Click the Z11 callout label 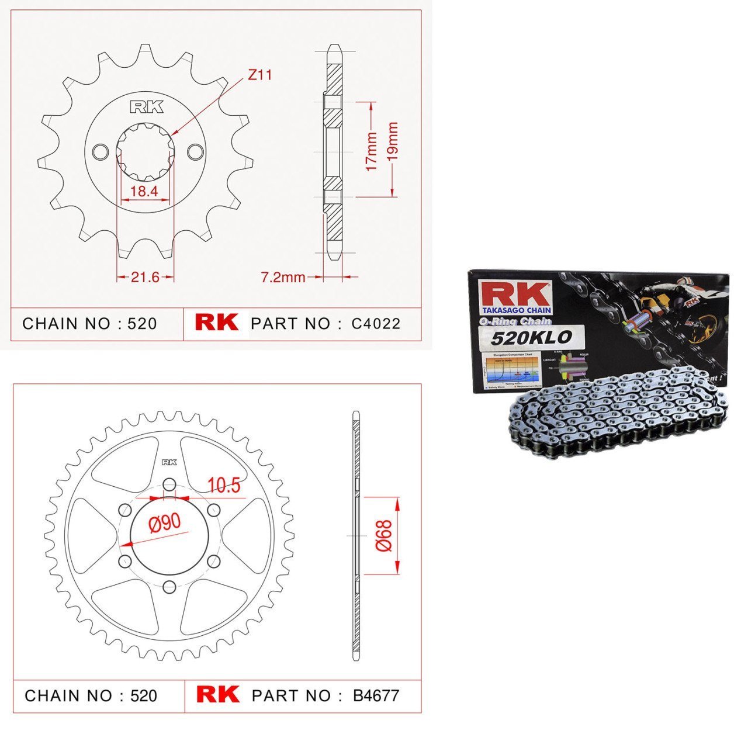coord(259,75)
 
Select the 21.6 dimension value coord(145,277)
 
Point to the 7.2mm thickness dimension coord(283,277)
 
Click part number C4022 coord(376,324)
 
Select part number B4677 coord(376,695)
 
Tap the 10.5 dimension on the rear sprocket coord(223,485)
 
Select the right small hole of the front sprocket coord(195,152)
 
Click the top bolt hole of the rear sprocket coord(169,484)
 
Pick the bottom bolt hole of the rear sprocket coord(169,587)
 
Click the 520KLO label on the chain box coord(530,337)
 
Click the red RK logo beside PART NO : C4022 coord(216,323)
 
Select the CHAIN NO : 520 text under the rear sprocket coord(91,695)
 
